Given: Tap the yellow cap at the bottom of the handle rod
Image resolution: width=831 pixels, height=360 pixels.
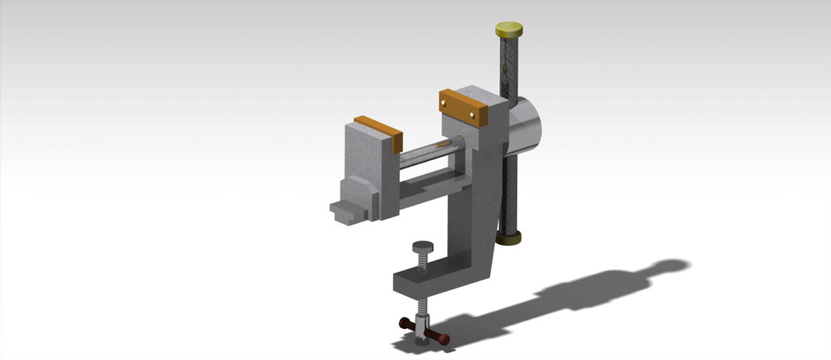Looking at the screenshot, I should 509,236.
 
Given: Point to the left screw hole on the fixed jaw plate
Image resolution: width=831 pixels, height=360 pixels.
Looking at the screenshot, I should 447,103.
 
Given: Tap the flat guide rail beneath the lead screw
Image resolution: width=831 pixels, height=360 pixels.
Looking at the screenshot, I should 433,179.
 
